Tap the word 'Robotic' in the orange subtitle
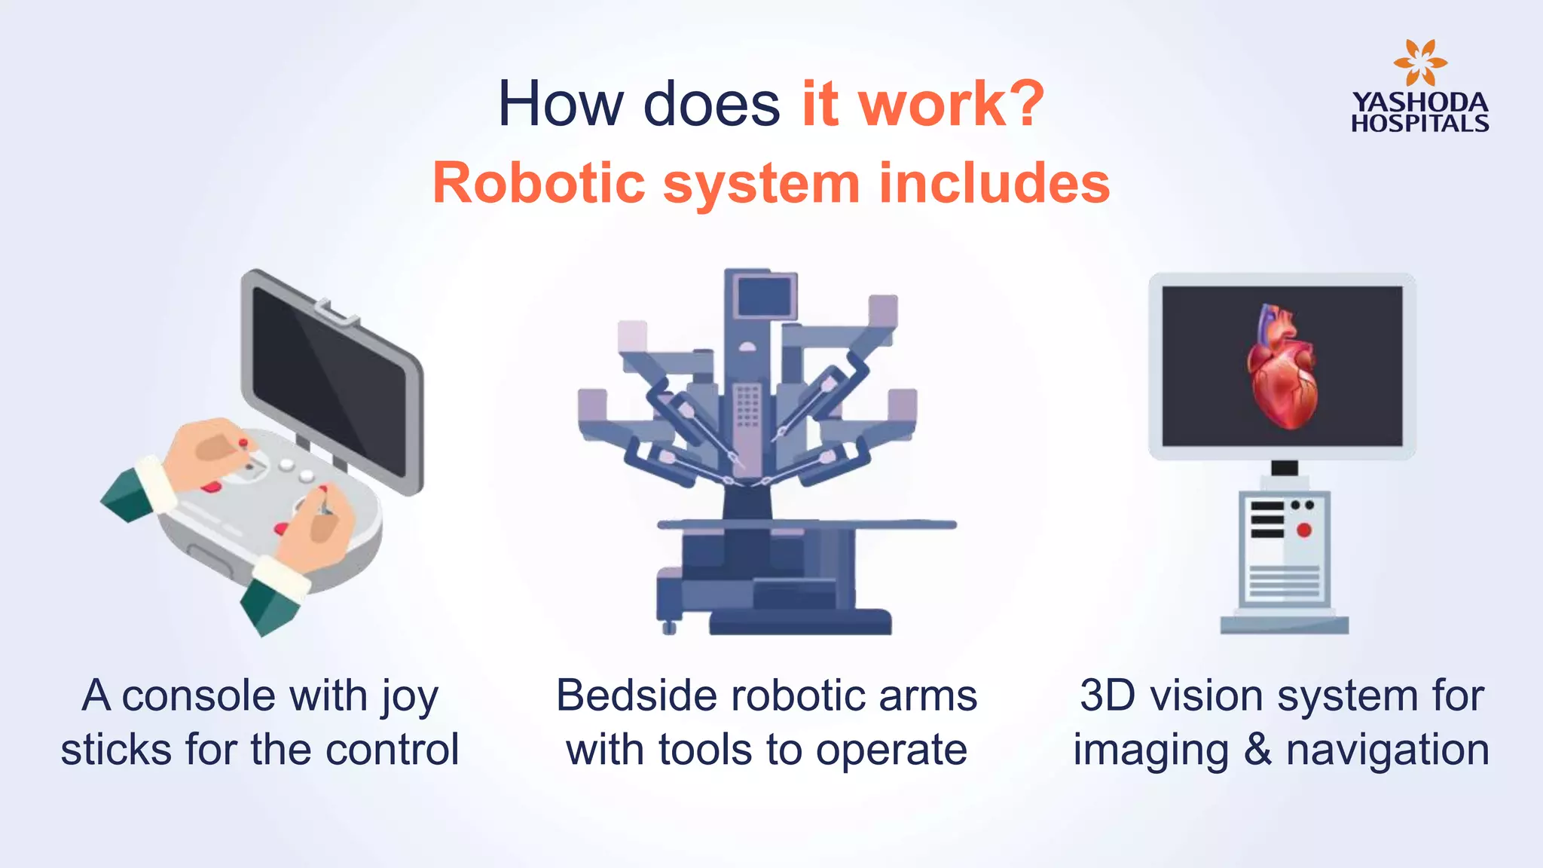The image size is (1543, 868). [539, 183]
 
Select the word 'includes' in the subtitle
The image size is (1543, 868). [995, 183]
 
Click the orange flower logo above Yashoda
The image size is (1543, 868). [1419, 63]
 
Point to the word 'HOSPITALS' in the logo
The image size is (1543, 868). [1419, 124]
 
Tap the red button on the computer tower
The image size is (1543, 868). [1303, 530]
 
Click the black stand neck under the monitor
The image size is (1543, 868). [1285, 468]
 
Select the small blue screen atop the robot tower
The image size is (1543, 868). [765, 296]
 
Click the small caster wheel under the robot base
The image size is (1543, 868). [668, 627]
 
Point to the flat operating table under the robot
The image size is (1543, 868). [806, 524]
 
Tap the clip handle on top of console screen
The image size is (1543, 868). [335, 312]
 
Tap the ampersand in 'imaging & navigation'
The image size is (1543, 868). [1257, 750]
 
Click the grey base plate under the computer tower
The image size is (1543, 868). [1284, 625]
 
